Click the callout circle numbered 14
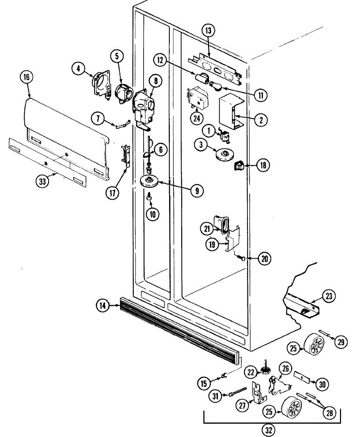(x=103, y=306)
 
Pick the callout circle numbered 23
(x=329, y=297)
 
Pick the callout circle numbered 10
(x=152, y=214)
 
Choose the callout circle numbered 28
(x=329, y=413)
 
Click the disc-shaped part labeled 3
(x=225, y=154)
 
